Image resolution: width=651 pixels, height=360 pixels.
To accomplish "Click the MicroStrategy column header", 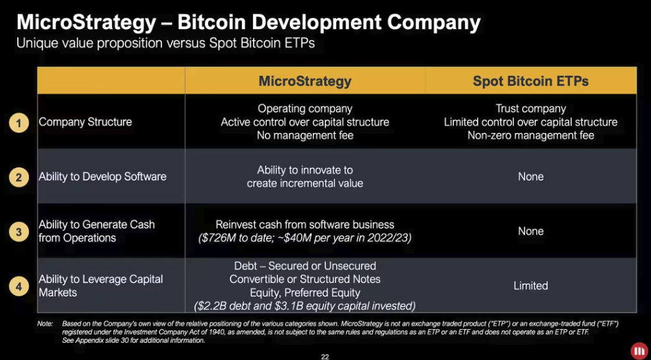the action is (305, 81).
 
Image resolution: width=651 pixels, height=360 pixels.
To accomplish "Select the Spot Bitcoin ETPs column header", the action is (530, 81).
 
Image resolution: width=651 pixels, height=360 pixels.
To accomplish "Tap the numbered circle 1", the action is (18, 123).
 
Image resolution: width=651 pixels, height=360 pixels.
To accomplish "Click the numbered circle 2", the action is (18, 177).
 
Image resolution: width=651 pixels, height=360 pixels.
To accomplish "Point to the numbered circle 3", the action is (18, 231).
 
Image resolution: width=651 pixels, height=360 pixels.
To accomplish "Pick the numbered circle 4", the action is (18, 287).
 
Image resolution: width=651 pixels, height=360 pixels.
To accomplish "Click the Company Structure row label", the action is (85, 122).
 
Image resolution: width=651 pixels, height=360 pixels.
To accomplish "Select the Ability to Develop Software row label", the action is (103, 177).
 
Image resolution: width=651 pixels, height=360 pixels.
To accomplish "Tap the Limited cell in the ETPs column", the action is (530, 285).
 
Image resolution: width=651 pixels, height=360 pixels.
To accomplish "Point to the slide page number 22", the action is (325, 356).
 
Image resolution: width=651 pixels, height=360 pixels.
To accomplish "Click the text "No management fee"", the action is (305, 135).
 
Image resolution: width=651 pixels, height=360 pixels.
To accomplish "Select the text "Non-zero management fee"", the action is (530, 135).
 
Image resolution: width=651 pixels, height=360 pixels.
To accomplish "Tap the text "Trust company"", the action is (530, 109).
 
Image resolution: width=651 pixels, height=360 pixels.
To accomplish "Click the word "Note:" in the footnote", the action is (45, 324).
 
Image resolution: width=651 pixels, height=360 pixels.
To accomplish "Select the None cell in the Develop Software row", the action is (530, 177).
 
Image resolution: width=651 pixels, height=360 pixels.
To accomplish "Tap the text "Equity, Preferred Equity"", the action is (305, 293).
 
